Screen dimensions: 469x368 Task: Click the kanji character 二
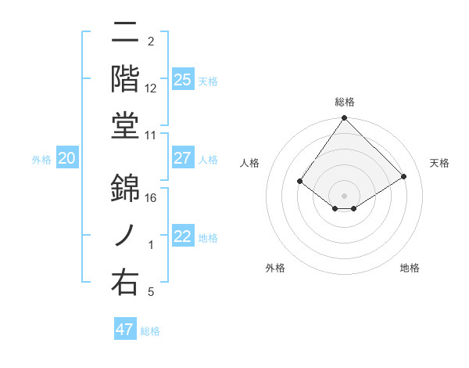[x=125, y=34]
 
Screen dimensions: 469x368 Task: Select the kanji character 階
[x=125, y=79]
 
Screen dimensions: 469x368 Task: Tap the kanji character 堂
[x=125, y=126]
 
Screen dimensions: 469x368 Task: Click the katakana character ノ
[x=125, y=236]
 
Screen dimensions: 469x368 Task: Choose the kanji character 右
[x=125, y=283]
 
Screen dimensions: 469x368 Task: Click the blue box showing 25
[x=182, y=79]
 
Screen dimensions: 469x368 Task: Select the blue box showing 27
[x=182, y=158]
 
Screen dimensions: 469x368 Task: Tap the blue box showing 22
[x=182, y=236]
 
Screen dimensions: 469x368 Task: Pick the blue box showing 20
[x=67, y=158]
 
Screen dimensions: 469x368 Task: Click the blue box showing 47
[x=125, y=330]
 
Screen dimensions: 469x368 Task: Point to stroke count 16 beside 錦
[x=151, y=198]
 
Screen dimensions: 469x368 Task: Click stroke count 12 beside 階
[x=151, y=88]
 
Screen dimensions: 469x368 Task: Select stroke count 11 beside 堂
[x=151, y=135]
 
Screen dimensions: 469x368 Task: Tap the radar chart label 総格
[x=345, y=102]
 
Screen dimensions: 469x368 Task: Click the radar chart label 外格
[x=275, y=268]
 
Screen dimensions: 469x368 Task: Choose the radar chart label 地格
[x=410, y=268]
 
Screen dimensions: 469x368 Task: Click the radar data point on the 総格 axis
[x=345, y=118]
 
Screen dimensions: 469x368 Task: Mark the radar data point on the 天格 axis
[x=404, y=176]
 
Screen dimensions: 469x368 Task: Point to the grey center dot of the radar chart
[x=345, y=195]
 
